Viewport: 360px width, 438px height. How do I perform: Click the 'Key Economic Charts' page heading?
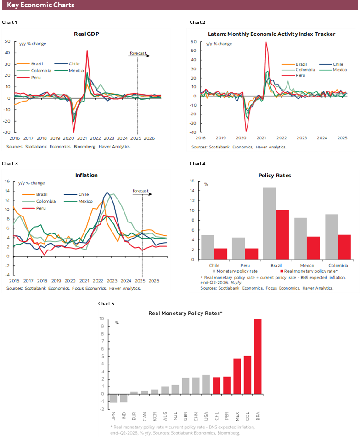tap(40, 5)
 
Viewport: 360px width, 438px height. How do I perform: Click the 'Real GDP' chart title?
tap(86, 34)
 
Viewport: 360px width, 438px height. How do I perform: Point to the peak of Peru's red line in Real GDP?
tap(87, 51)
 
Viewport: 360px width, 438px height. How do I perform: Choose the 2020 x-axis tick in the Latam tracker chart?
tap(241, 138)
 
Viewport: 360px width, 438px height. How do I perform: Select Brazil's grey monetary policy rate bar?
tap(269, 223)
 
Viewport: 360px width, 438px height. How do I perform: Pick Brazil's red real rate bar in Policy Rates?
tap(282, 235)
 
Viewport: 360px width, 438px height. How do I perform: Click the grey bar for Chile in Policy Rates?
tap(208, 247)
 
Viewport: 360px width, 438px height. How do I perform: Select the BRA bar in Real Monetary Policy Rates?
tap(258, 356)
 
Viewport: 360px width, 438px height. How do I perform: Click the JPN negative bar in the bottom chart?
tap(112, 398)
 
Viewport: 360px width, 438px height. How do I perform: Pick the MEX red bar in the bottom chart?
tap(237, 376)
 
